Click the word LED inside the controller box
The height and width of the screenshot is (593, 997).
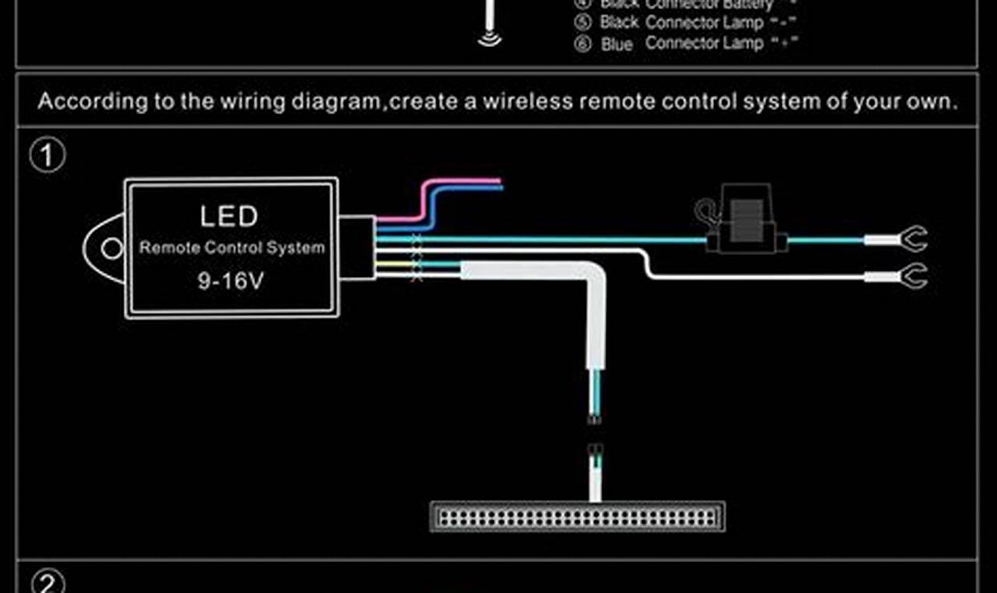[229, 216]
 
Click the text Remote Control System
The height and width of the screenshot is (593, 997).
[232, 248]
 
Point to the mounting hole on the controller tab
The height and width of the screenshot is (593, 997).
[112, 248]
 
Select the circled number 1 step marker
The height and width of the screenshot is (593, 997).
[48, 156]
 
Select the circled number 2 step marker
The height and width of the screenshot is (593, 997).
[48, 583]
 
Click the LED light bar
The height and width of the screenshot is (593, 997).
[577, 517]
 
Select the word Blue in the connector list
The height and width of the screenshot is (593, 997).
[616, 44]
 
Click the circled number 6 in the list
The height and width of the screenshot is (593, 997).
[582, 44]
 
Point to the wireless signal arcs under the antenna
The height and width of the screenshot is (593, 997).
[489, 39]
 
